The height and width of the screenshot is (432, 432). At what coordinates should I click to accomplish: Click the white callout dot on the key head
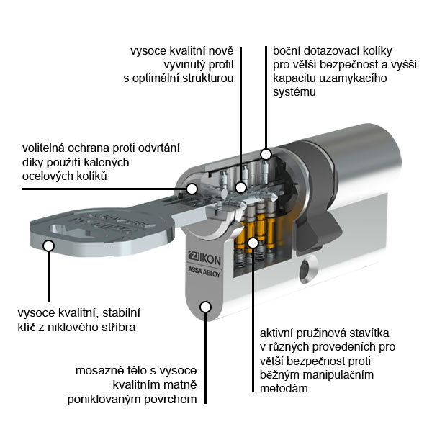click(x=49, y=246)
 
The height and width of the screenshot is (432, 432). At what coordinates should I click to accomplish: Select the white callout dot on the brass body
click(x=205, y=307)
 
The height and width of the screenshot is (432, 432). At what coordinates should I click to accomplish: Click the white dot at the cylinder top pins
click(x=266, y=154)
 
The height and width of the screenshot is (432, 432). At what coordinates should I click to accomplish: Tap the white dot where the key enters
click(x=192, y=189)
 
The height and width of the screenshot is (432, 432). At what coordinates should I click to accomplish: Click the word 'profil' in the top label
click(x=218, y=64)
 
